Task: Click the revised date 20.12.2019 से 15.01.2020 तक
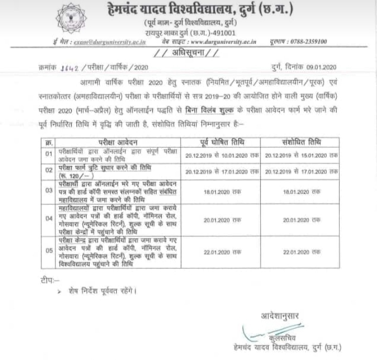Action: [x=301, y=155]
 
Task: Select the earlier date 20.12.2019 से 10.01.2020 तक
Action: [x=222, y=155]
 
